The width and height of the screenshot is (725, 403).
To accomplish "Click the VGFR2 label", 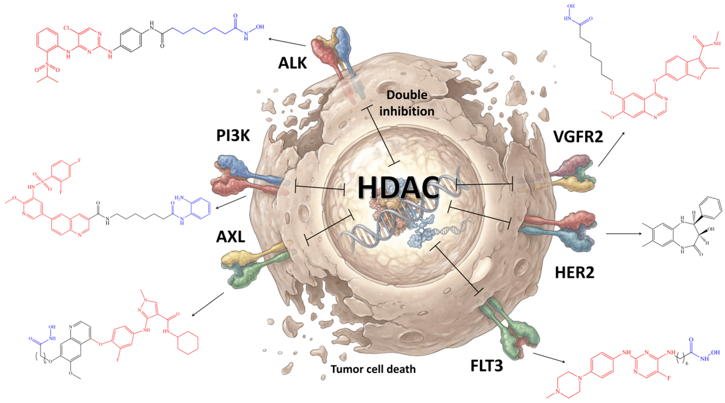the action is [578, 137].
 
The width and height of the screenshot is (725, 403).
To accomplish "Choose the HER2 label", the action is [575, 273].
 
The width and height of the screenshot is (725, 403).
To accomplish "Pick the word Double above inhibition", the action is [407, 95].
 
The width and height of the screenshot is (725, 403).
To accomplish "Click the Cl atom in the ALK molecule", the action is [67, 28].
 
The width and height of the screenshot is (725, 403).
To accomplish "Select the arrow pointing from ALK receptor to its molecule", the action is [287, 42].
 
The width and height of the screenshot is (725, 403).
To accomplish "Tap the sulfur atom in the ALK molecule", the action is [47, 64].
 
